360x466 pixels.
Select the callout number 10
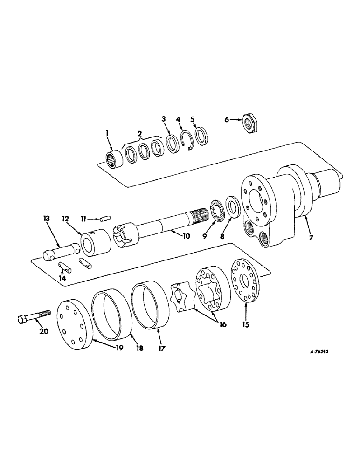click(186, 236)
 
